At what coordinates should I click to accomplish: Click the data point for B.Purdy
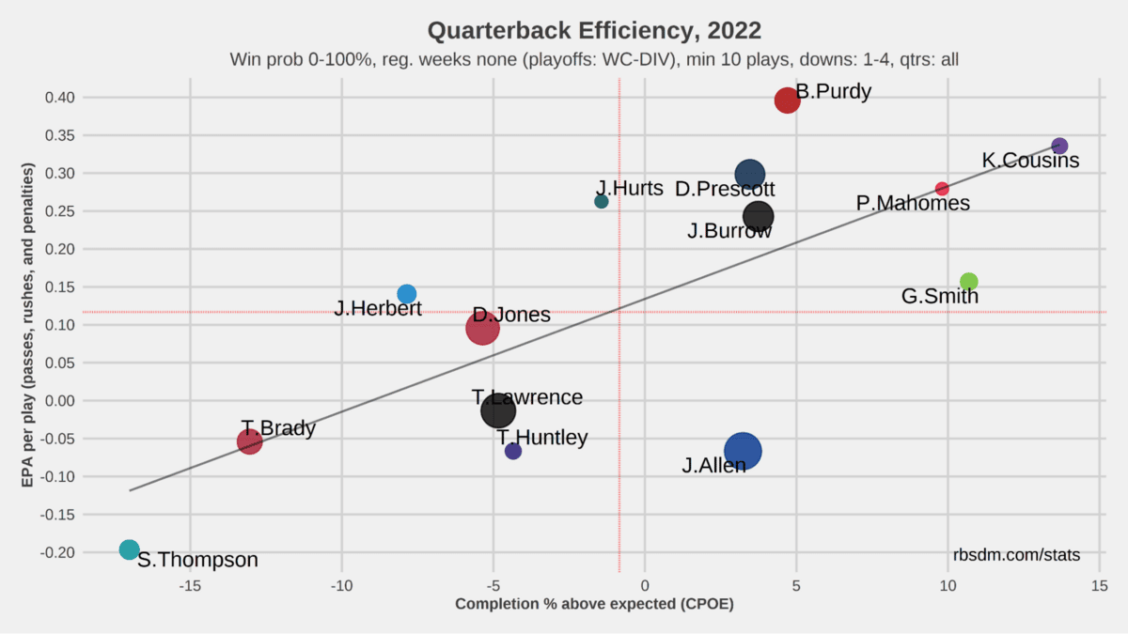click(x=787, y=101)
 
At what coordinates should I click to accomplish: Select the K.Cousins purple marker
click(x=1059, y=146)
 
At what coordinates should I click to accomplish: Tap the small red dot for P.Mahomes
click(x=942, y=189)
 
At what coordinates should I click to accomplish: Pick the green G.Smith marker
click(x=969, y=282)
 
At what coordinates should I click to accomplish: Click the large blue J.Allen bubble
click(x=743, y=451)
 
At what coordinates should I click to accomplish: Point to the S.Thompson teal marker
click(x=130, y=549)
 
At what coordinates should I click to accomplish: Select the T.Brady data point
click(x=249, y=441)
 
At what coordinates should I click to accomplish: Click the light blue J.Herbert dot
click(x=407, y=294)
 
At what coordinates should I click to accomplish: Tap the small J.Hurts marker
click(x=602, y=202)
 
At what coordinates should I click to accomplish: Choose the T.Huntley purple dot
click(x=513, y=451)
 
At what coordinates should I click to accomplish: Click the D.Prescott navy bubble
click(x=749, y=174)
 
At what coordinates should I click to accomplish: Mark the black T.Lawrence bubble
click(x=498, y=410)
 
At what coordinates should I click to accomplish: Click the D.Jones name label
click(x=511, y=315)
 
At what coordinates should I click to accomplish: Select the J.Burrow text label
click(x=729, y=231)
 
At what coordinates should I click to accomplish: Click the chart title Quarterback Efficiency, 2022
click(x=594, y=30)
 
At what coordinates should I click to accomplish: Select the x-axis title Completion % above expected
click(x=594, y=604)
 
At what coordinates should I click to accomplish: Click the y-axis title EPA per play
click(x=28, y=325)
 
